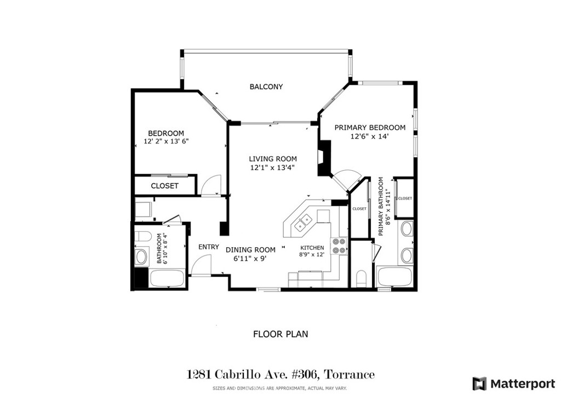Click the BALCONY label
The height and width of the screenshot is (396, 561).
[266, 87]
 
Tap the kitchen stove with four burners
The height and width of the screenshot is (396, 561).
[340, 246]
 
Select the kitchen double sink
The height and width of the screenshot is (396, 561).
[302, 223]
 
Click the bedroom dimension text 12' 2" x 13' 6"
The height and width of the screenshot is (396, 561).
[166, 142]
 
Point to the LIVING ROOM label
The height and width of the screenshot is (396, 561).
[273, 159]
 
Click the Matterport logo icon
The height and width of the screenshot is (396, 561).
[479, 384]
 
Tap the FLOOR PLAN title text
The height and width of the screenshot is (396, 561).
[280, 334]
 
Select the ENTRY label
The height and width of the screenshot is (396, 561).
[209, 247]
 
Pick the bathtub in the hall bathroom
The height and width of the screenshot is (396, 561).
[167, 278]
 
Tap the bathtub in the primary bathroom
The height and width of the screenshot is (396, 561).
[394, 277]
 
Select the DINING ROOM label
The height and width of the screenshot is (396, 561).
[250, 250]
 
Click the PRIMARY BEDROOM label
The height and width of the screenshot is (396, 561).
[370, 127]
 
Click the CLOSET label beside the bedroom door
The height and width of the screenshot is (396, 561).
[164, 186]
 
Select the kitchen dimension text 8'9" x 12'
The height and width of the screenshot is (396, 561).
[312, 255]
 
